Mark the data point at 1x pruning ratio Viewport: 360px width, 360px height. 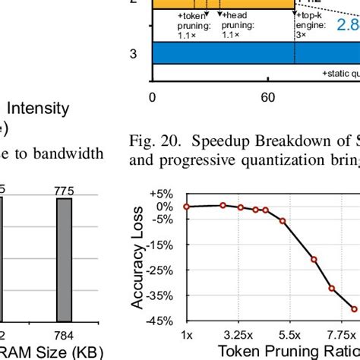pyautogui.click(x=186, y=207)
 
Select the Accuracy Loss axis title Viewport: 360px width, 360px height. pyautogui.click(x=138, y=258)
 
